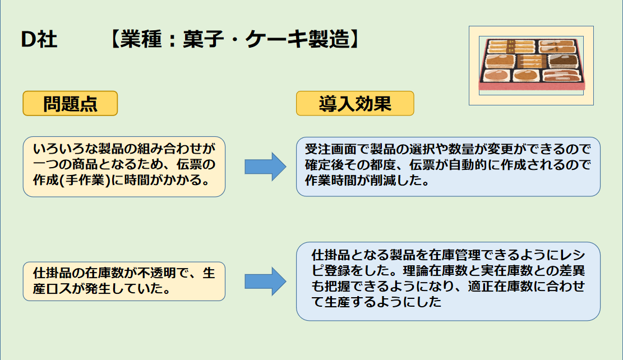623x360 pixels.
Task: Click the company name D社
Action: click(39, 40)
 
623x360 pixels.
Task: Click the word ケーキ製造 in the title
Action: click(298, 39)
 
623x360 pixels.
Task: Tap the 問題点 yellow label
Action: click(70, 104)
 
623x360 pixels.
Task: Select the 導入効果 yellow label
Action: click(355, 103)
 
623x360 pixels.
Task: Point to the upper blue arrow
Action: click(265, 167)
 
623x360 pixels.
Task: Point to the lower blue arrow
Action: click(265, 281)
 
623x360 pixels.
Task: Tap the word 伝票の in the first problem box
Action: click(196, 164)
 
